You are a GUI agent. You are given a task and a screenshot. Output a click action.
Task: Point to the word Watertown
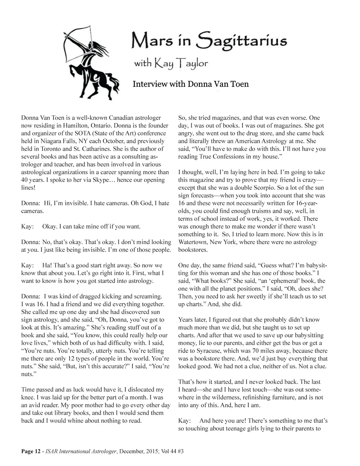[x=194, y=242]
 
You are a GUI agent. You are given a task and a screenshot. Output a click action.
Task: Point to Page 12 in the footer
[x=31, y=451]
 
